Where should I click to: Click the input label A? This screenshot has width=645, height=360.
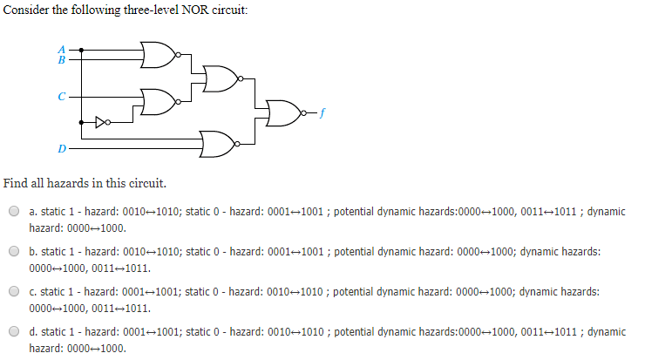(61, 49)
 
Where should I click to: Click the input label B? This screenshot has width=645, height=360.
(61, 60)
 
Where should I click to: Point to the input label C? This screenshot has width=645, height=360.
(61, 95)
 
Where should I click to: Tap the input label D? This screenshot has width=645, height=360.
(61, 149)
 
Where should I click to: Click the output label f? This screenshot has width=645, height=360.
(322, 112)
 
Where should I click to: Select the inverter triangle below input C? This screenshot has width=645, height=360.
(102, 121)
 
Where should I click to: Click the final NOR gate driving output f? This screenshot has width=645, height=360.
(282, 112)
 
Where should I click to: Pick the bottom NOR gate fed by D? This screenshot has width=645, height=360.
(217, 142)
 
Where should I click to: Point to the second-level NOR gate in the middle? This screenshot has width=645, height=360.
(222, 79)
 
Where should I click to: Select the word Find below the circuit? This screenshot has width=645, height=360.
(15, 183)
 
